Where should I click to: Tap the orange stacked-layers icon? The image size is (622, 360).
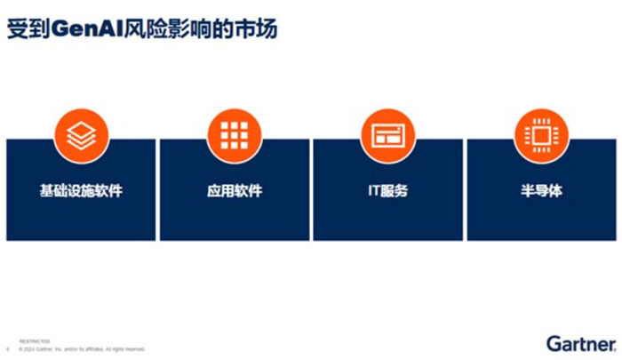(81, 134)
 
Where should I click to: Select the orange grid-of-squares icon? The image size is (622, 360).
(235, 134)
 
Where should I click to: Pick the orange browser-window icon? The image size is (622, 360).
(387, 134)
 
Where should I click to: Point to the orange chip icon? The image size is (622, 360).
(542, 134)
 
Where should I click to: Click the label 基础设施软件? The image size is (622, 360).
(81, 190)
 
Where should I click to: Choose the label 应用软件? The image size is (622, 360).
(235, 190)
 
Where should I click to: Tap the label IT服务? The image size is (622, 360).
(387, 190)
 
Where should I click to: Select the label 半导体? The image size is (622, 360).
(542, 190)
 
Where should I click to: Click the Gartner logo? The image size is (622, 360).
(579, 342)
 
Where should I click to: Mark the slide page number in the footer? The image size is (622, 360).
(8, 348)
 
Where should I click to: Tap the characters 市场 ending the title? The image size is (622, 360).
(259, 29)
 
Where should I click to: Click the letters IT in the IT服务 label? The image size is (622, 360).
(373, 190)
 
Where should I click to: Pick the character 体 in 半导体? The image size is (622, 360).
(556, 190)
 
